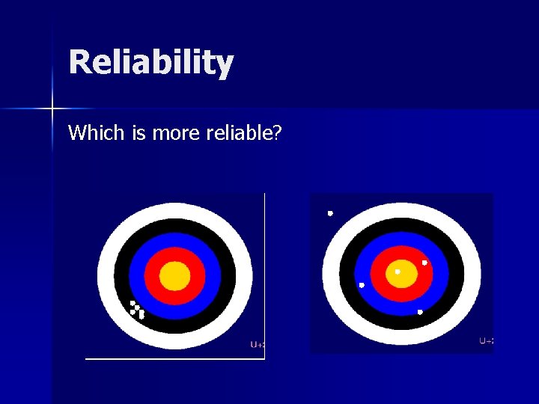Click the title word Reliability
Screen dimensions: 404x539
click(x=151, y=63)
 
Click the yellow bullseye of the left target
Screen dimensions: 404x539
click(x=174, y=276)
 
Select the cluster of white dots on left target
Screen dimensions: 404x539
click(x=137, y=309)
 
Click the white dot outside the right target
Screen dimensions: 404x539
click(x=330, y=214)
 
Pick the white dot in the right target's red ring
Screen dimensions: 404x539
click(x=424, y=263)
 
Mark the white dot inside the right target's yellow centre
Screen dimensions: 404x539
click(x=398, y=272)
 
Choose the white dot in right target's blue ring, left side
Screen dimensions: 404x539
click(x=362, y=285)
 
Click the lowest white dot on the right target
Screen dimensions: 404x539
click(x=420, y=312)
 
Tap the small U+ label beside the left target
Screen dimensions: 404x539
click(x=257, y=345)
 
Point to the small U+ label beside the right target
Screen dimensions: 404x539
click(x=486, y=341)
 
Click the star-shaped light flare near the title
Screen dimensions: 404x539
click(x=52, y=109)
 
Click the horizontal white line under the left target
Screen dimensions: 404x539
click(x=175, y=359)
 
